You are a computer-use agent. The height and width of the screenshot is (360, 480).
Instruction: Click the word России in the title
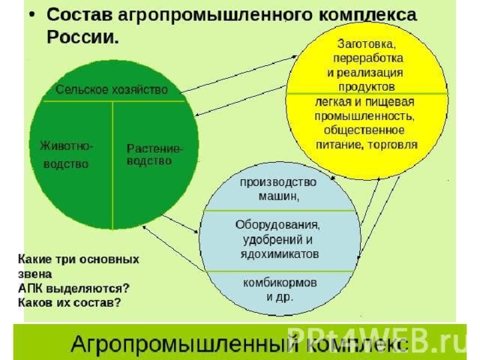(82, 37)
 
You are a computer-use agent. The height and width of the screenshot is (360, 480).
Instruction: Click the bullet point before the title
(32, 14)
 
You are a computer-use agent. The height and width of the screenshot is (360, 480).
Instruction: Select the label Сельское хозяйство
(112, 90)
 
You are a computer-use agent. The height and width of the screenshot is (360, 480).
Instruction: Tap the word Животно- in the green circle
(66, 145)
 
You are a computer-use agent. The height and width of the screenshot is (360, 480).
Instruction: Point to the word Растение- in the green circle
(154, 148)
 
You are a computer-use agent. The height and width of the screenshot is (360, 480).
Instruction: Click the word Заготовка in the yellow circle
(367, 44)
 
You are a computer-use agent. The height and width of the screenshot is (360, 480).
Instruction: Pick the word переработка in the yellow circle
(368, 58)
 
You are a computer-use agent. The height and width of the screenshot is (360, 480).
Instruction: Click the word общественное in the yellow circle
(364, 130)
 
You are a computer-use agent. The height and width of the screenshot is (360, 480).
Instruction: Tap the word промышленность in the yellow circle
(364, 116)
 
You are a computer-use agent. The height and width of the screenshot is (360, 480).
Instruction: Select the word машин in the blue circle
(278, 196)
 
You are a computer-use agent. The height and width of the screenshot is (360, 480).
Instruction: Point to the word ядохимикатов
(280, 254)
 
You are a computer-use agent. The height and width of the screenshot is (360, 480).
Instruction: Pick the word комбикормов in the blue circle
(280, 283)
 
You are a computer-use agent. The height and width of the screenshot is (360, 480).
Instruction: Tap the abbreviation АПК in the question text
(30, 288)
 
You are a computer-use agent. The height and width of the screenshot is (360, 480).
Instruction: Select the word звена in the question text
(35, 274)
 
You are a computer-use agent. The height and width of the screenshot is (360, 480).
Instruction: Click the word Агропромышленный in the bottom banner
(184, 344)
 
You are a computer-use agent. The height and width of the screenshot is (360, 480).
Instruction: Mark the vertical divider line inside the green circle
(112, 165)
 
